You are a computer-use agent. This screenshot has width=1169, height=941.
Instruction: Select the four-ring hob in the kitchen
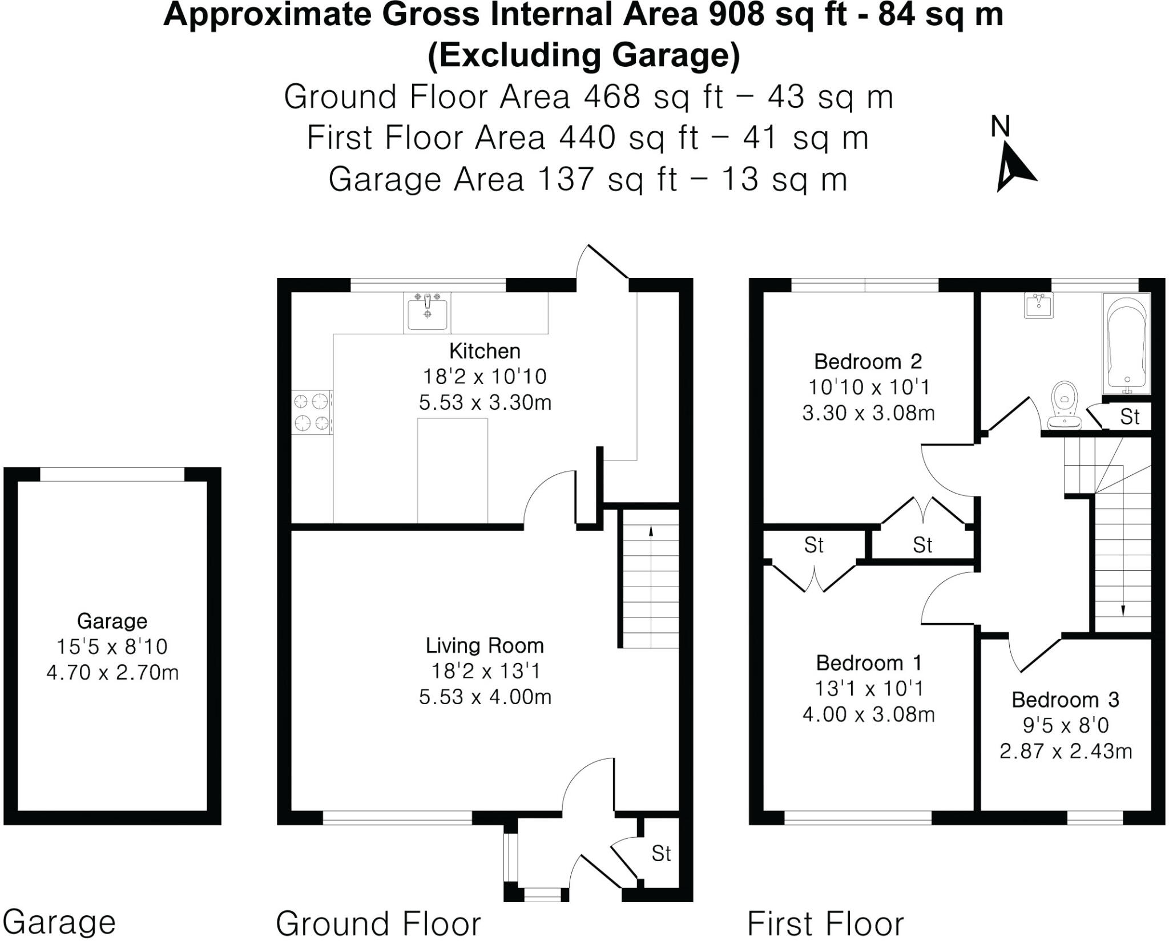tap(312, 413)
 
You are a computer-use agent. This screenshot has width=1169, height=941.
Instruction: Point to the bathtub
tap(1126, 346)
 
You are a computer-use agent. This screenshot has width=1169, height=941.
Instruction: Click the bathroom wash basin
tap(1038, 306)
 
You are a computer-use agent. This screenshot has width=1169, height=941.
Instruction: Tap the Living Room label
tap(485, 645)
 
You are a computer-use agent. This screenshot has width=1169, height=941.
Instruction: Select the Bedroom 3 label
tap(1065, 700)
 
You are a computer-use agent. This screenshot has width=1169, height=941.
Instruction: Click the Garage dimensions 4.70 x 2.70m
tap(112, 672)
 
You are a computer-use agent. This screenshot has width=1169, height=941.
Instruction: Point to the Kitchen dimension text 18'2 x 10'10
tap(485, 377)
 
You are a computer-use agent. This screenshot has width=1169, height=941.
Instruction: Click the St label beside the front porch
tap(661, 854)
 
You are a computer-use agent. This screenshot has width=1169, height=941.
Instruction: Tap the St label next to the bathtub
tap(1130, 417)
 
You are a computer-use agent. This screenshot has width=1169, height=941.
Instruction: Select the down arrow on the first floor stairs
tap(1123, 610)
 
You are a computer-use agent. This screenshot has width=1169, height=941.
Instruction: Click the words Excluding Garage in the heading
tap(584, 56)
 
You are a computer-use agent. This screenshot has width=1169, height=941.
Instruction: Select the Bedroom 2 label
tap(868, 361)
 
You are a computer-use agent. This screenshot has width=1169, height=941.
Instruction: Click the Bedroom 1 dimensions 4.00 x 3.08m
tap(868, 714)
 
